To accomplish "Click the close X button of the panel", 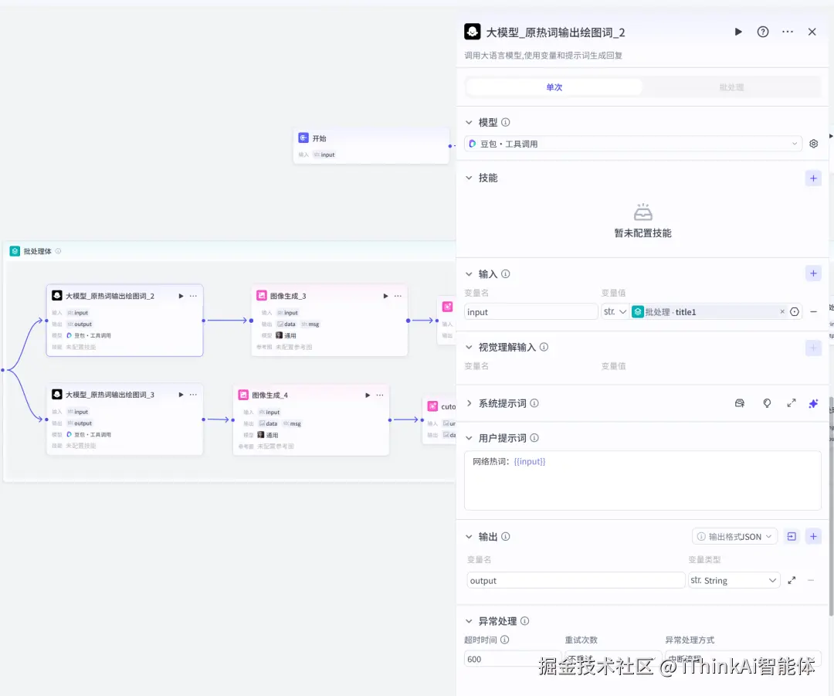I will [812, 32].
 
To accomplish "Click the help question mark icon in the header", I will [763, 32].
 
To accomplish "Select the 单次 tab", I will [554, 87].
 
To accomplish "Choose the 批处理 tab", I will [731, 87].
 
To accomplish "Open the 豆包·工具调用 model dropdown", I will [633, 144].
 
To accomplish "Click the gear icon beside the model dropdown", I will [813, 144].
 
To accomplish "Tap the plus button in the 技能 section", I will [813, 178].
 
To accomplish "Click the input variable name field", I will [531, 312].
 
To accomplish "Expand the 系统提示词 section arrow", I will [469, 403].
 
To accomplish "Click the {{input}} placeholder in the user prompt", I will [530, 461].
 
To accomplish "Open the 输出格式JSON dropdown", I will [734, 537].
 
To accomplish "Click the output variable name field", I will [575, 580].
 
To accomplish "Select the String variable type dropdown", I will [734, 580].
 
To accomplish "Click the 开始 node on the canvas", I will [319, 138].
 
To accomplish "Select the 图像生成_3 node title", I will [288, 296].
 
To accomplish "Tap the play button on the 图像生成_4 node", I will [368, 395].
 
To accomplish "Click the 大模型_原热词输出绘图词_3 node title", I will [110, 395].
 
